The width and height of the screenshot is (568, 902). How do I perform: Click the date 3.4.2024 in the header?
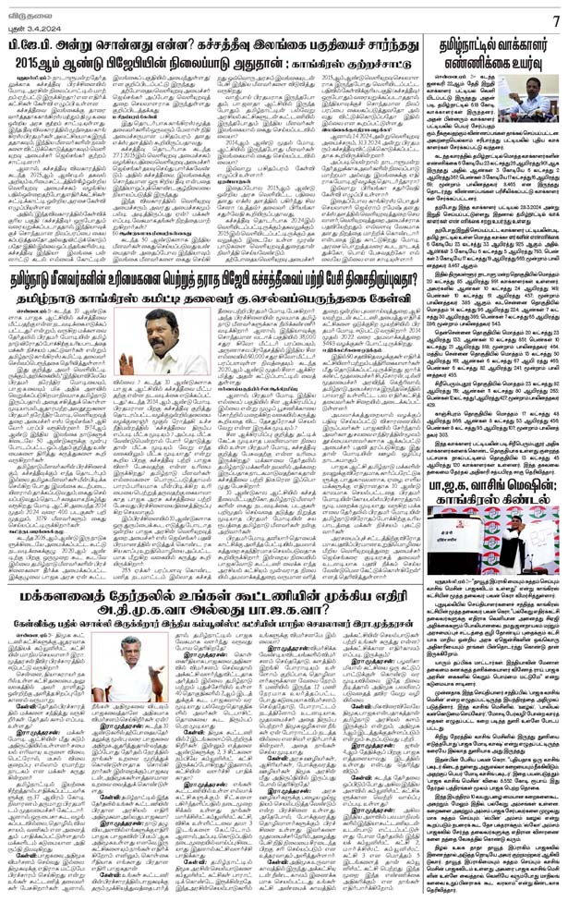coord(30,25)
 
